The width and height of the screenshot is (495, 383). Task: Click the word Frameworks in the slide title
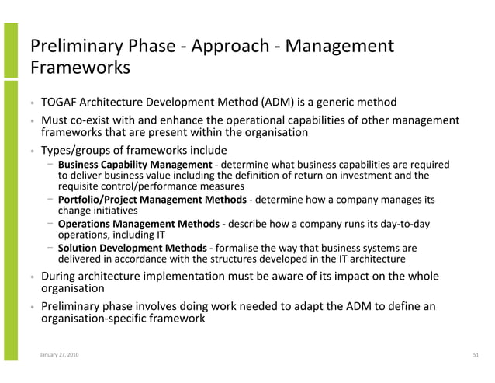click(79, 68)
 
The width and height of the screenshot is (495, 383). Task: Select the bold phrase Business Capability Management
click(134, 165)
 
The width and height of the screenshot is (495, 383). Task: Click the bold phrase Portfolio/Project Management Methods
click(152, 200)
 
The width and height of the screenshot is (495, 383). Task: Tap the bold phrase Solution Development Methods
click(132, 249)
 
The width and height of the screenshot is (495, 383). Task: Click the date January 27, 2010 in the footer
click(59, 355)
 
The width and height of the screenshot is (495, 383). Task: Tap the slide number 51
click(476, 355)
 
